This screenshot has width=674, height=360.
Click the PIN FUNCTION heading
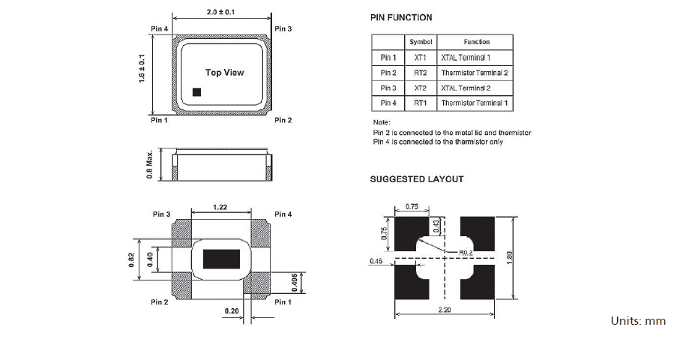[401, 17]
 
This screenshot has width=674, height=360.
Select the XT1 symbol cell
[420, 58]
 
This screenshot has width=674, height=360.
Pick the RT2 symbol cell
[420, 73]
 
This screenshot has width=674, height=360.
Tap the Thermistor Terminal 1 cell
[475, 103]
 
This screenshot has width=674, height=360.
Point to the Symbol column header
[420, 42]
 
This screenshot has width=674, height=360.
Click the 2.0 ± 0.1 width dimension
[221, 12]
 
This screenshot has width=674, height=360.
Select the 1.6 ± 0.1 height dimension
[142, 68]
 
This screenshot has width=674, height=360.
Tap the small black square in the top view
[197, 92]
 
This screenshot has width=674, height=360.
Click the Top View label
[224, 73]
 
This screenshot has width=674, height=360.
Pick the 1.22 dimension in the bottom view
[220, 206]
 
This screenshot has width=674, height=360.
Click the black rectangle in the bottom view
[222, 259]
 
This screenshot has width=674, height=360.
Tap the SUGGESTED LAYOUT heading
[417, 179]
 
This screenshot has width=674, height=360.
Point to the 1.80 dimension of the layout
[511, 257]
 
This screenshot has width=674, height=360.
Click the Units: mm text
[638, 321]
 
